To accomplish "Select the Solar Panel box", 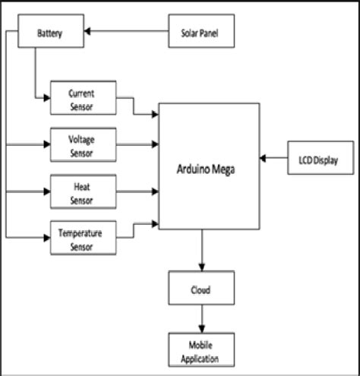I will click(x=201, y=33).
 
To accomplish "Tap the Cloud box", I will click(x=201, y=289).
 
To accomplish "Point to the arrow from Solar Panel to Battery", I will click(x=125, y=33).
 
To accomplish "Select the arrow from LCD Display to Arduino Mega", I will click(x=274, y=158).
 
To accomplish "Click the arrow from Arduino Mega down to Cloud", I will click(x=201, y=251).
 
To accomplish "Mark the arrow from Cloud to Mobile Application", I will click(x=201, y=318).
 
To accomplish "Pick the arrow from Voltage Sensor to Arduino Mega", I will click(x=137, y=143).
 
